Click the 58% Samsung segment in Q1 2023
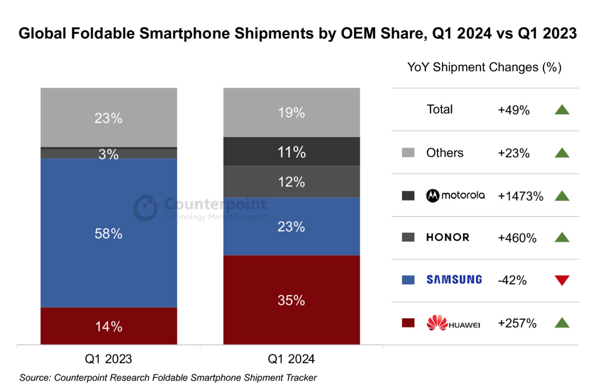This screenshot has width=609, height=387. click(x=109, y=233)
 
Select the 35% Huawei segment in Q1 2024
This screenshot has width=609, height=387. click(x=291, y=300)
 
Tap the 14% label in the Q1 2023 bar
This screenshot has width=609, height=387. click(x=109, y=327)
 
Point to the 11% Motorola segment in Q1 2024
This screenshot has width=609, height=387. click(x=291, y=152)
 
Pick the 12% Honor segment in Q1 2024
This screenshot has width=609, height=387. click(x=291, y=182)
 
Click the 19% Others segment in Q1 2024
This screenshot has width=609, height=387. click(x=291, y=112)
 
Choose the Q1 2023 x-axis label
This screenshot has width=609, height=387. click(x=108, y=359)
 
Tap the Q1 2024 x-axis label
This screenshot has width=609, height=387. click(x=291, y=359)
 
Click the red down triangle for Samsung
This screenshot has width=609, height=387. click(x=562, y=280)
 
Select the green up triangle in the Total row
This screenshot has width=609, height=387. click(x=562, y=110)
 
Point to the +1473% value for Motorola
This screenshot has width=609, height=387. click(x=520, y=196)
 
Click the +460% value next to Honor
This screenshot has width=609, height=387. click(x=517, y=238)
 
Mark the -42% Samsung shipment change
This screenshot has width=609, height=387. click(x=512, y=280)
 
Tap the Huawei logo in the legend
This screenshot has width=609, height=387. click(x=453, y=323)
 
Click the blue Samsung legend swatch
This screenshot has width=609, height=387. click(x=408, y=280)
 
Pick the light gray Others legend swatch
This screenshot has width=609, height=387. click(x=408, y=153)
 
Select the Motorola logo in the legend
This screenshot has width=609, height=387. click(x=455, y=195)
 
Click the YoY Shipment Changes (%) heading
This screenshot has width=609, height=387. click(x=484, y=67)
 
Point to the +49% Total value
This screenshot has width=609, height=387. click(x=514, y=110)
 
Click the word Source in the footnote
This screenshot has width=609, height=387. click(x=34, y=378)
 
